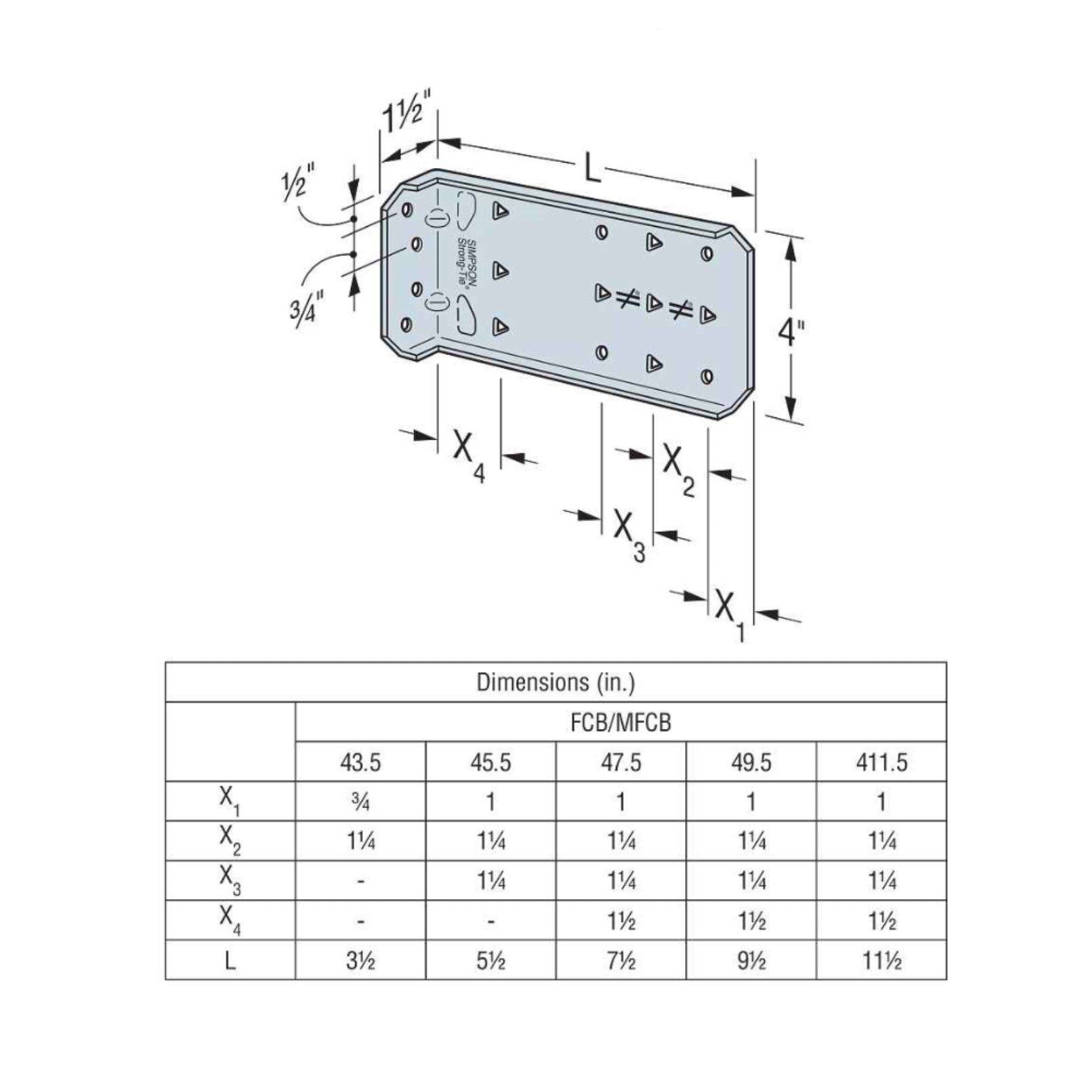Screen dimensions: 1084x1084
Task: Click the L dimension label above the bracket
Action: tap(592, 169)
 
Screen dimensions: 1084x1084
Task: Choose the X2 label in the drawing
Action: tap(677, 467)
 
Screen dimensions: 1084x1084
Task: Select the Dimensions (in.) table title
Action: tap(556, 682)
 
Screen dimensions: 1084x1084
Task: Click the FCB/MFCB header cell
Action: tap(621, 722)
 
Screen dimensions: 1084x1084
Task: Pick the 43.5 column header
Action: tap(360, 762)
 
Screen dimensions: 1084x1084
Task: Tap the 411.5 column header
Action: tap(881, 762)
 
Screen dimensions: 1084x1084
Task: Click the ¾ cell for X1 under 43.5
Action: tap(360, 802)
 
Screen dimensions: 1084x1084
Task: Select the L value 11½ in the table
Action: tap(881, 960)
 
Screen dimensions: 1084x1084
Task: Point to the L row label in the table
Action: tap(230, 960)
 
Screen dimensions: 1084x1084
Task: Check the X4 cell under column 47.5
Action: tap(621, 921)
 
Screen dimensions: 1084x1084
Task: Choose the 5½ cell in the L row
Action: tap(491, 960)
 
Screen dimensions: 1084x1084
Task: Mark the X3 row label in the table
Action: tap(230, 881)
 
